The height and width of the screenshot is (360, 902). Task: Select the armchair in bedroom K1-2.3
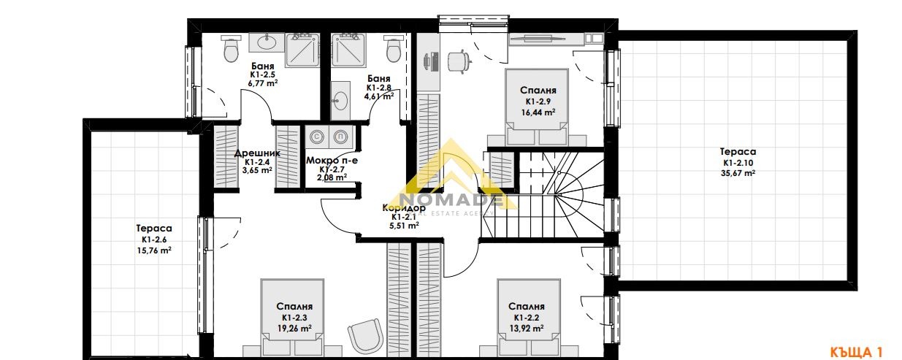[x=364, y=336]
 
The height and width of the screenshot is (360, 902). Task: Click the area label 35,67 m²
[x=739, y=173]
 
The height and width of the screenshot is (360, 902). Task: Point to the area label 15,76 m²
[x=153, y=250]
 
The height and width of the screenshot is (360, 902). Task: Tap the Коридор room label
[x=404, y=207]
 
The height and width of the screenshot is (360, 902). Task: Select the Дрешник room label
[x=253, y=154]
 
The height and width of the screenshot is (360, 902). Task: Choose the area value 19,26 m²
[x=294, y=329]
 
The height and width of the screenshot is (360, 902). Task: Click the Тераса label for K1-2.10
[x=739, y=152]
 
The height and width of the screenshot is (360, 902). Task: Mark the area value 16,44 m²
[x=538, y=112]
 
